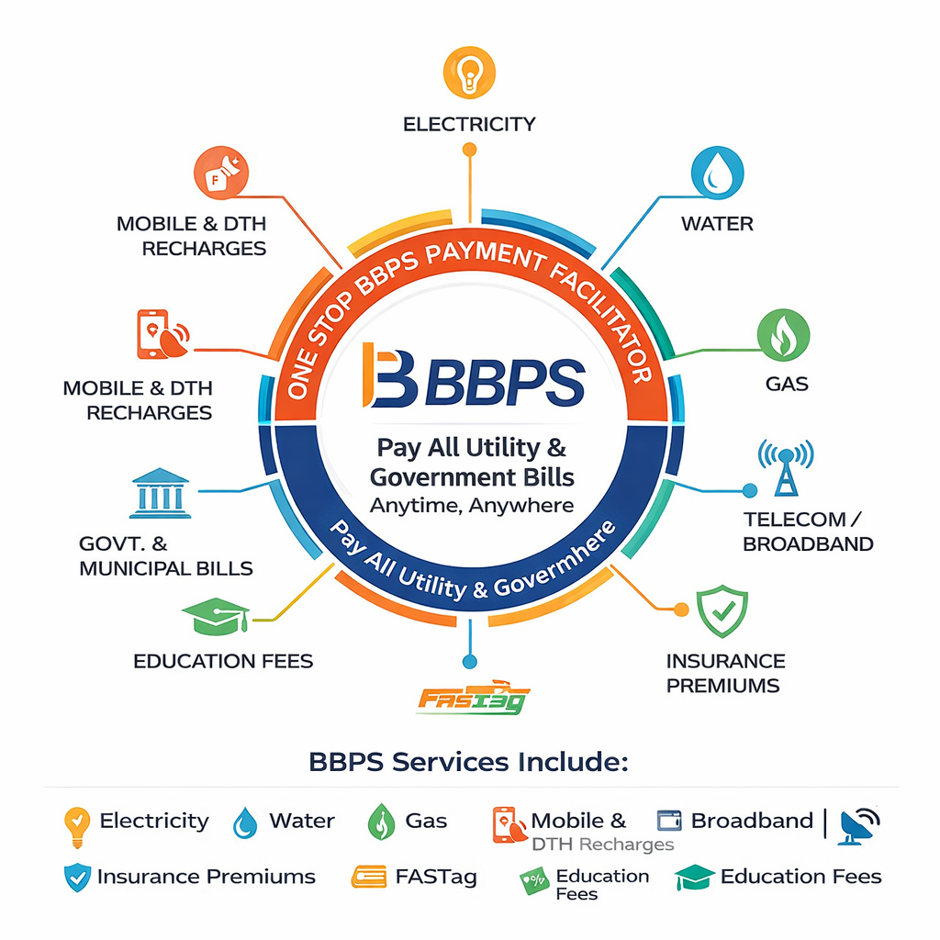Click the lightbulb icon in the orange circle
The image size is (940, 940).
[469, 73]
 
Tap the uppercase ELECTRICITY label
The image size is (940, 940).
[469, 124]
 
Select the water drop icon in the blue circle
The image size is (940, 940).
[717, 173]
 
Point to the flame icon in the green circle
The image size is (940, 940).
[783, 334]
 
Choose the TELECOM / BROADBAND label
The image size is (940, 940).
[808, 532]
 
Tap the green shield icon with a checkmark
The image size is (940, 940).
[722, 611]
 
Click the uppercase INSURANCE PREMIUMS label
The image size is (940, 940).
[725, 673]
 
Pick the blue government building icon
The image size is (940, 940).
[161, 494]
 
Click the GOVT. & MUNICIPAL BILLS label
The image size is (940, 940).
[165, 557]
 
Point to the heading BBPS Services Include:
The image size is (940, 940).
[468, 762]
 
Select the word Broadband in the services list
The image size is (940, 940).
[752, 821]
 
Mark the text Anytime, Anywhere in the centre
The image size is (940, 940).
[472, 505]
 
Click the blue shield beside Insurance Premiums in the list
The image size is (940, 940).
[77, 878]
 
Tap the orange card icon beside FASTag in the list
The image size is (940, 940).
[369, 878]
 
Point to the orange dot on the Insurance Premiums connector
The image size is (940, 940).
[680, 609]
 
